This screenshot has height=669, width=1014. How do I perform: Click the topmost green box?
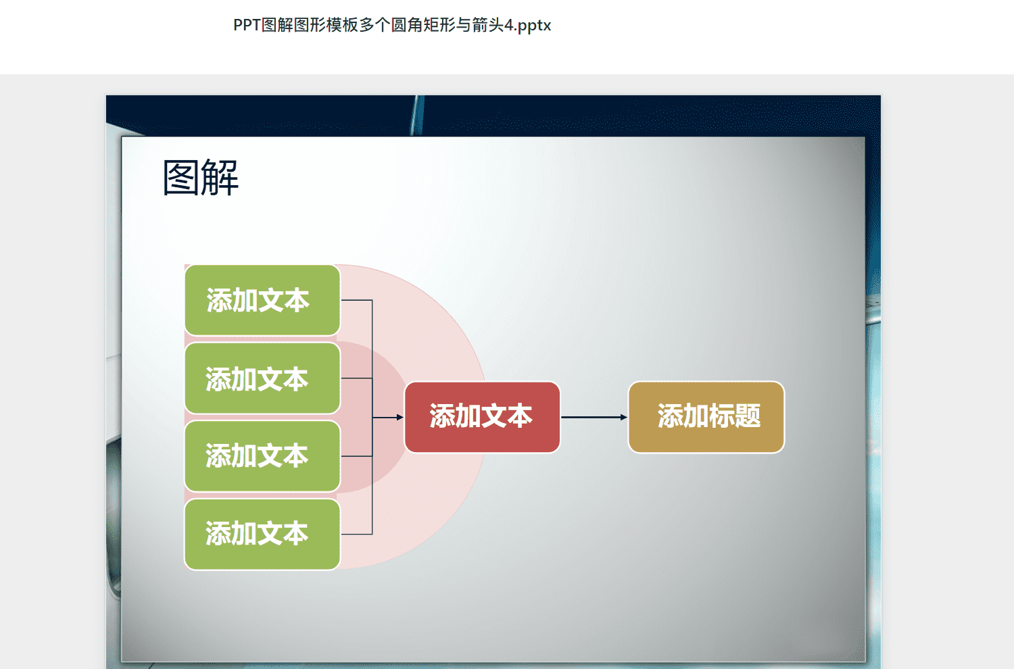262,300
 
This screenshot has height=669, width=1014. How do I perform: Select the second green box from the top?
262,378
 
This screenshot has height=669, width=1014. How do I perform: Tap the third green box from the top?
262,456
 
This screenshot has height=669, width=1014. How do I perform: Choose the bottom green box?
262,534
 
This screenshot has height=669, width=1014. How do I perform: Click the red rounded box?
482,417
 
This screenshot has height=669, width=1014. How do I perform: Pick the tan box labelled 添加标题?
706,417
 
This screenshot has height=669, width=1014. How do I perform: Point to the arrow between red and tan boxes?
594,417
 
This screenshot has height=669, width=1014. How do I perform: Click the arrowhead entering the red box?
400,418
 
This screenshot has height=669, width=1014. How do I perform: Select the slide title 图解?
201,178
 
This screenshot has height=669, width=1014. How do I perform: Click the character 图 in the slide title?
180,178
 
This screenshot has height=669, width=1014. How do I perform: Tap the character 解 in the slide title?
220,178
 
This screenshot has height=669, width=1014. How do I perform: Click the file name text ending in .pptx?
392,26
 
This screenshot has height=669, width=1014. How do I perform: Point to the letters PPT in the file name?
247,25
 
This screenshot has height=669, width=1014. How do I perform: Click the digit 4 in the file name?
509,25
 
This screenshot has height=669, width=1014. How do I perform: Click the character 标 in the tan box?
721,416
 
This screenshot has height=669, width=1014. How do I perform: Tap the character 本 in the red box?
520,416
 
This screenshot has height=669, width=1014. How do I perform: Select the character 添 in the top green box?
220,300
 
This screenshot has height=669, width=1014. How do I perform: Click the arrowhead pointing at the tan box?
624,417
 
